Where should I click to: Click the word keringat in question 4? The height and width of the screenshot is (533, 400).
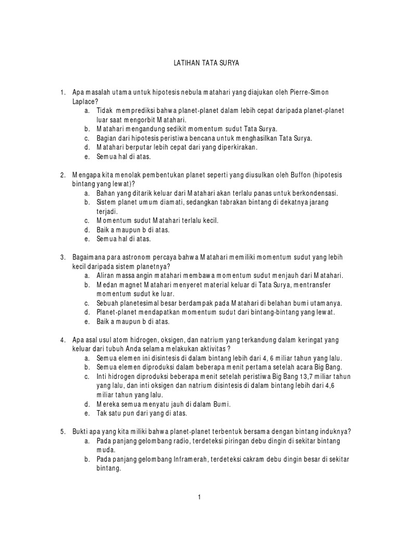pos(296,340)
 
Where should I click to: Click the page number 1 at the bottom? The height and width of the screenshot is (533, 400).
pos(199,498)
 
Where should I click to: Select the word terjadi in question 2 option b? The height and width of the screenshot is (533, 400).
pos(106,211)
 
